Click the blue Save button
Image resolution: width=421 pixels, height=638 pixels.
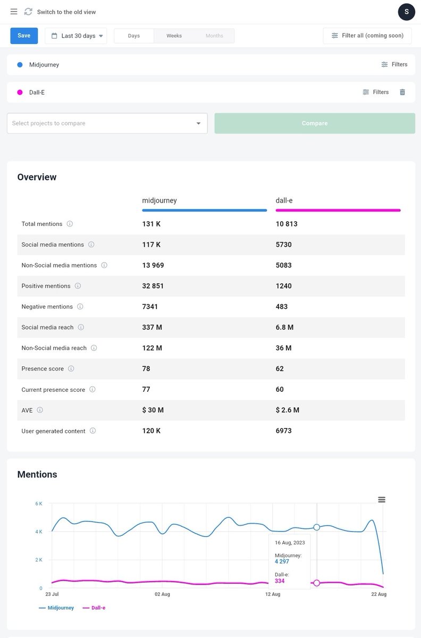[x=24, y=36]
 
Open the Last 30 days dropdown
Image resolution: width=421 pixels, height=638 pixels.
[x=76, y=36]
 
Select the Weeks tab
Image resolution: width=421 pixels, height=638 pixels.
[x=174, y=36]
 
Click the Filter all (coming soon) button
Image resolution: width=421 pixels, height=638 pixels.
[x=367, y=36]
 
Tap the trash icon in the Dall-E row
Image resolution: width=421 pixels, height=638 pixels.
[x=402, y=92]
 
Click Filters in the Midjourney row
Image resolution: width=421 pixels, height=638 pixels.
[x=394, y=64]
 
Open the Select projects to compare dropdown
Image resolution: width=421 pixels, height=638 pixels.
[x=107, y=123]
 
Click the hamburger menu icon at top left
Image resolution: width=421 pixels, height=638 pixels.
[x=14, y=12]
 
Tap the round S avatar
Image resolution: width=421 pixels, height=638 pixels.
[x=407, y=12]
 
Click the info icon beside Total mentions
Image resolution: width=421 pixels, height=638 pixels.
[x=70, y=224]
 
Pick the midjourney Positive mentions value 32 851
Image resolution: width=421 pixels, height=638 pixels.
[x=153, y=286]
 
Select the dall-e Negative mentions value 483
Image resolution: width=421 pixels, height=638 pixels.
[x=282, y=306]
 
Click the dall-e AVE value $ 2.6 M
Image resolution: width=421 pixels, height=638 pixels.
[x=288, y=410]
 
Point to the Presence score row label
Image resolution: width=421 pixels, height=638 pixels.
[x=43, y=368]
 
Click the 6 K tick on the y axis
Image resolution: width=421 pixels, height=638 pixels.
[x=39, y=503]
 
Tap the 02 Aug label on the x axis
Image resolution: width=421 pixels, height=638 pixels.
[x=162, y=594]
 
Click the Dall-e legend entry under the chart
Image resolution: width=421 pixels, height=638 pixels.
[x=94, y=608]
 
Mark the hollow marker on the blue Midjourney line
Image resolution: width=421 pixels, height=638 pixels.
[x=316, y=527]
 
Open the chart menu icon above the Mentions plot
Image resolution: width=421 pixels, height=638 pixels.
[x=382, y=500]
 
